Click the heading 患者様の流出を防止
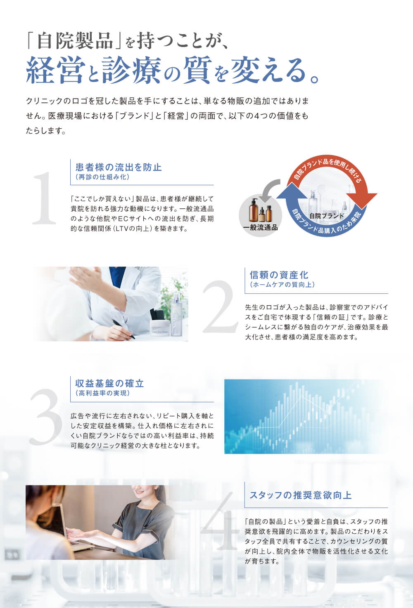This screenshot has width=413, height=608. (x=119, y=167)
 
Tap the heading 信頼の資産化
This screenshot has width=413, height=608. (x=279, y=275)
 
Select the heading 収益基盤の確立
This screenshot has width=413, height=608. (x=109, y=383)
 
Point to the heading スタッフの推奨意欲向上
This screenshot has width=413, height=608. (x=301, y=495)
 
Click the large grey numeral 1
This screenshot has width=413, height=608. (x=44, y=198)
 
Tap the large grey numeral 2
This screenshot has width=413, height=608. (x=220, y=306)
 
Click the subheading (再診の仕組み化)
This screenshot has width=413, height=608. (x=103, y=177)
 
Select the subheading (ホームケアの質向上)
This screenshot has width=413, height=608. (x=282, y=285)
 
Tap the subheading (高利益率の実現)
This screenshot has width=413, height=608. (x=103, y=393)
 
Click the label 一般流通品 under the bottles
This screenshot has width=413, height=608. (x=260, y=227)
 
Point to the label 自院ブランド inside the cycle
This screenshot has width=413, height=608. (x=327, y=216)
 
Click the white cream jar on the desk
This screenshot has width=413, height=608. (x=160, y=328)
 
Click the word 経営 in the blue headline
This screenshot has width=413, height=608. (x=54, y=70)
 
